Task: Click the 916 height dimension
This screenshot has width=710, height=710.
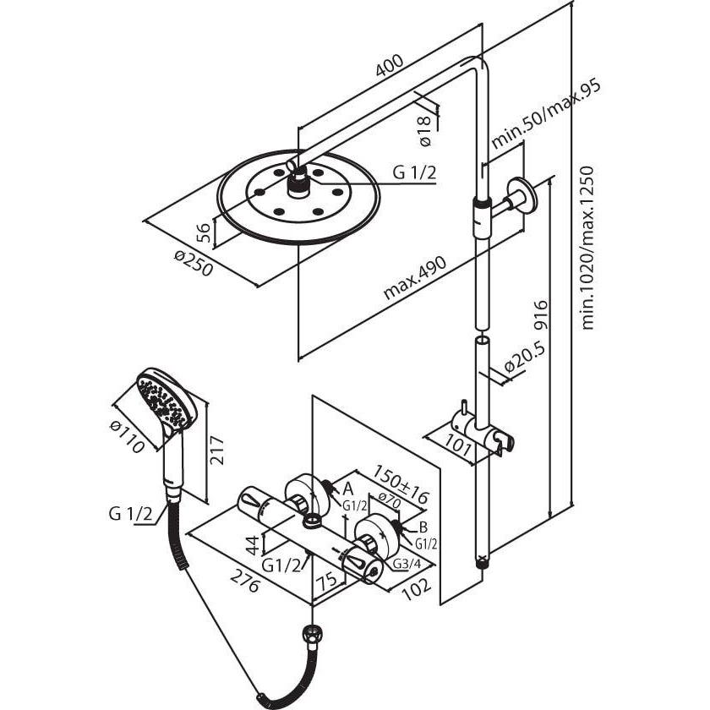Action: [542, 317]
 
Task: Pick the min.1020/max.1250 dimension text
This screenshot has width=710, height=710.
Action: [589, 246]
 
